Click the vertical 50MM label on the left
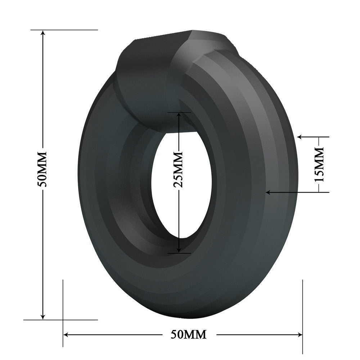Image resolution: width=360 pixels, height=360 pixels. (43, 169)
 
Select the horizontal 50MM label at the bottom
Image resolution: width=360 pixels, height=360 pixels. (189, 334)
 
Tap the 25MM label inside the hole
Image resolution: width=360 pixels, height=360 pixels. (178, 169)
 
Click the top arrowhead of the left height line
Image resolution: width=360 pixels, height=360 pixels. (43, 33)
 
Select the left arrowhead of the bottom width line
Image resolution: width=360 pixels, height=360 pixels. (67, 334)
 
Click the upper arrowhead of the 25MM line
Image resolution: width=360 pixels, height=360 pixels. (179, 115)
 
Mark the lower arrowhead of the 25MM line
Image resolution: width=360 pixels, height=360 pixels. (179, 251)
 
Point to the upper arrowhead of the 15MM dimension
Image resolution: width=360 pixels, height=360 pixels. (300, 137)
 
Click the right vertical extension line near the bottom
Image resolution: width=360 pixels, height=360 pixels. (302, 306)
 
